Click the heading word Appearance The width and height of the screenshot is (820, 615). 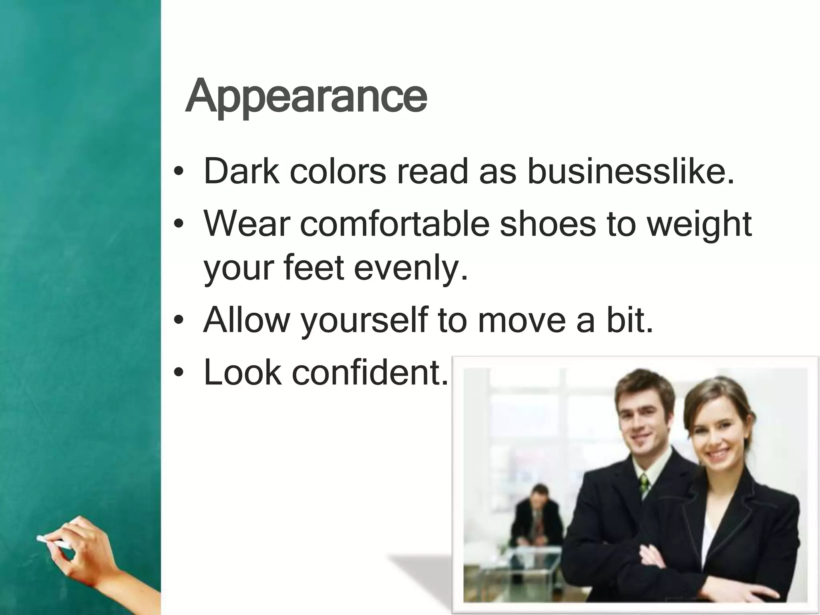click(x=306, y=96)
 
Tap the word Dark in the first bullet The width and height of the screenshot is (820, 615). click(x=241, y=172)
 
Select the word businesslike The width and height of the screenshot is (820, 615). click(x=631, y=172)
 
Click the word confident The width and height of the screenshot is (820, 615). click(x=370, y=373)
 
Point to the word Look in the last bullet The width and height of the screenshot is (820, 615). click(x=243, y=373)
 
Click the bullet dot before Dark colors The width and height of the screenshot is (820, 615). click(x=179, y=173)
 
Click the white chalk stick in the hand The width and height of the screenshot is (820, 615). click(x=52, y=542)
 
